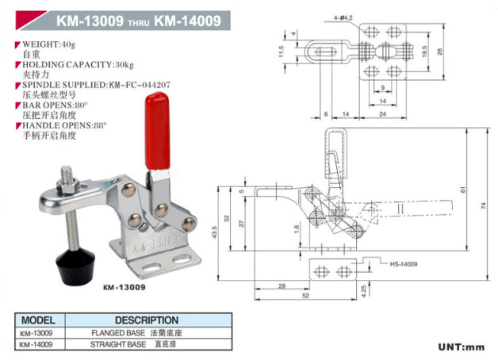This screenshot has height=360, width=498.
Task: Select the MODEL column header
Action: click(x=37, y=320)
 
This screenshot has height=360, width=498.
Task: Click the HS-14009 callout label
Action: click(x=404, y=264)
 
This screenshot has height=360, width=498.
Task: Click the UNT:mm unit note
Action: click(x=461, y=347)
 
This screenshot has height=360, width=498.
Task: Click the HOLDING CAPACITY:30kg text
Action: click(x=69, y=63)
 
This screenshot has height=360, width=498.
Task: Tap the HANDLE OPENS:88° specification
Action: click(x=64, y=125)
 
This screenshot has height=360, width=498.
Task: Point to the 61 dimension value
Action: click(x=462, y=189)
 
